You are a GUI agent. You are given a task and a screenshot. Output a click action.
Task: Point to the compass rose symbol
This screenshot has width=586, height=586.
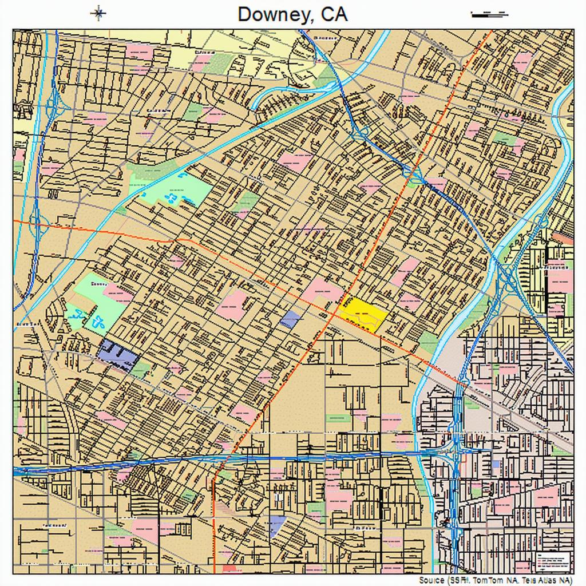coord(98,13)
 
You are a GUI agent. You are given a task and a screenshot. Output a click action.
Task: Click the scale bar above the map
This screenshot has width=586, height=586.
coord(489,14)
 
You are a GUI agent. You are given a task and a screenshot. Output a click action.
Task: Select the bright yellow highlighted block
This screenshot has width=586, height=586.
coord(363,313)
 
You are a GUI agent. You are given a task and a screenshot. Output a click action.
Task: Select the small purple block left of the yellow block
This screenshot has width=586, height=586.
coord(290,319)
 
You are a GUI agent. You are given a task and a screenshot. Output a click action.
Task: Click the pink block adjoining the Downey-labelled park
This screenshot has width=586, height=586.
coord(118,294)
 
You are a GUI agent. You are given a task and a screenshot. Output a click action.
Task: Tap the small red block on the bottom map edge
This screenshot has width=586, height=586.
coord(230,569)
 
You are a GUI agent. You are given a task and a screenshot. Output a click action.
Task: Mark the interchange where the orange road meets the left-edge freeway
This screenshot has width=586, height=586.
coord(36,221)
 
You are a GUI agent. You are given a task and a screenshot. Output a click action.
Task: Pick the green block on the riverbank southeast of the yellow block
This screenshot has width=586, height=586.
coord(428,342)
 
